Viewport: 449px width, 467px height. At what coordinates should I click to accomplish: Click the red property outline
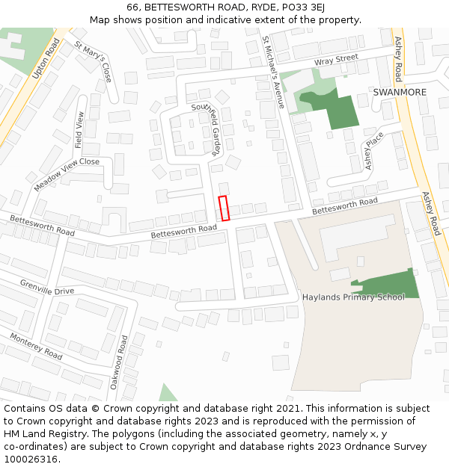coord(224,208)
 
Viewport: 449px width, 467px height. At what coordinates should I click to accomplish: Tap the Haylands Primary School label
coord(353,297)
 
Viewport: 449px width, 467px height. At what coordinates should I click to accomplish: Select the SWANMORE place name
coord(400,92)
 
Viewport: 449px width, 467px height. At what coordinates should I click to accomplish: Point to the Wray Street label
coord(336,59)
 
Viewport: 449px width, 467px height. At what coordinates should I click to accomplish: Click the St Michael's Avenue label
coord(273,72)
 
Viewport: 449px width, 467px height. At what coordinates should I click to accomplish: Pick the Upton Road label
coord(46,58)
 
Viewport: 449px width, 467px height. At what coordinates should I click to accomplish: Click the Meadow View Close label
coord(67,174)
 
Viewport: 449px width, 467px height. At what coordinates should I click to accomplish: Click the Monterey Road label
coord(36,347)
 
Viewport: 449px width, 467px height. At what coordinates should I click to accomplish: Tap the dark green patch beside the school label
coord(389,282)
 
